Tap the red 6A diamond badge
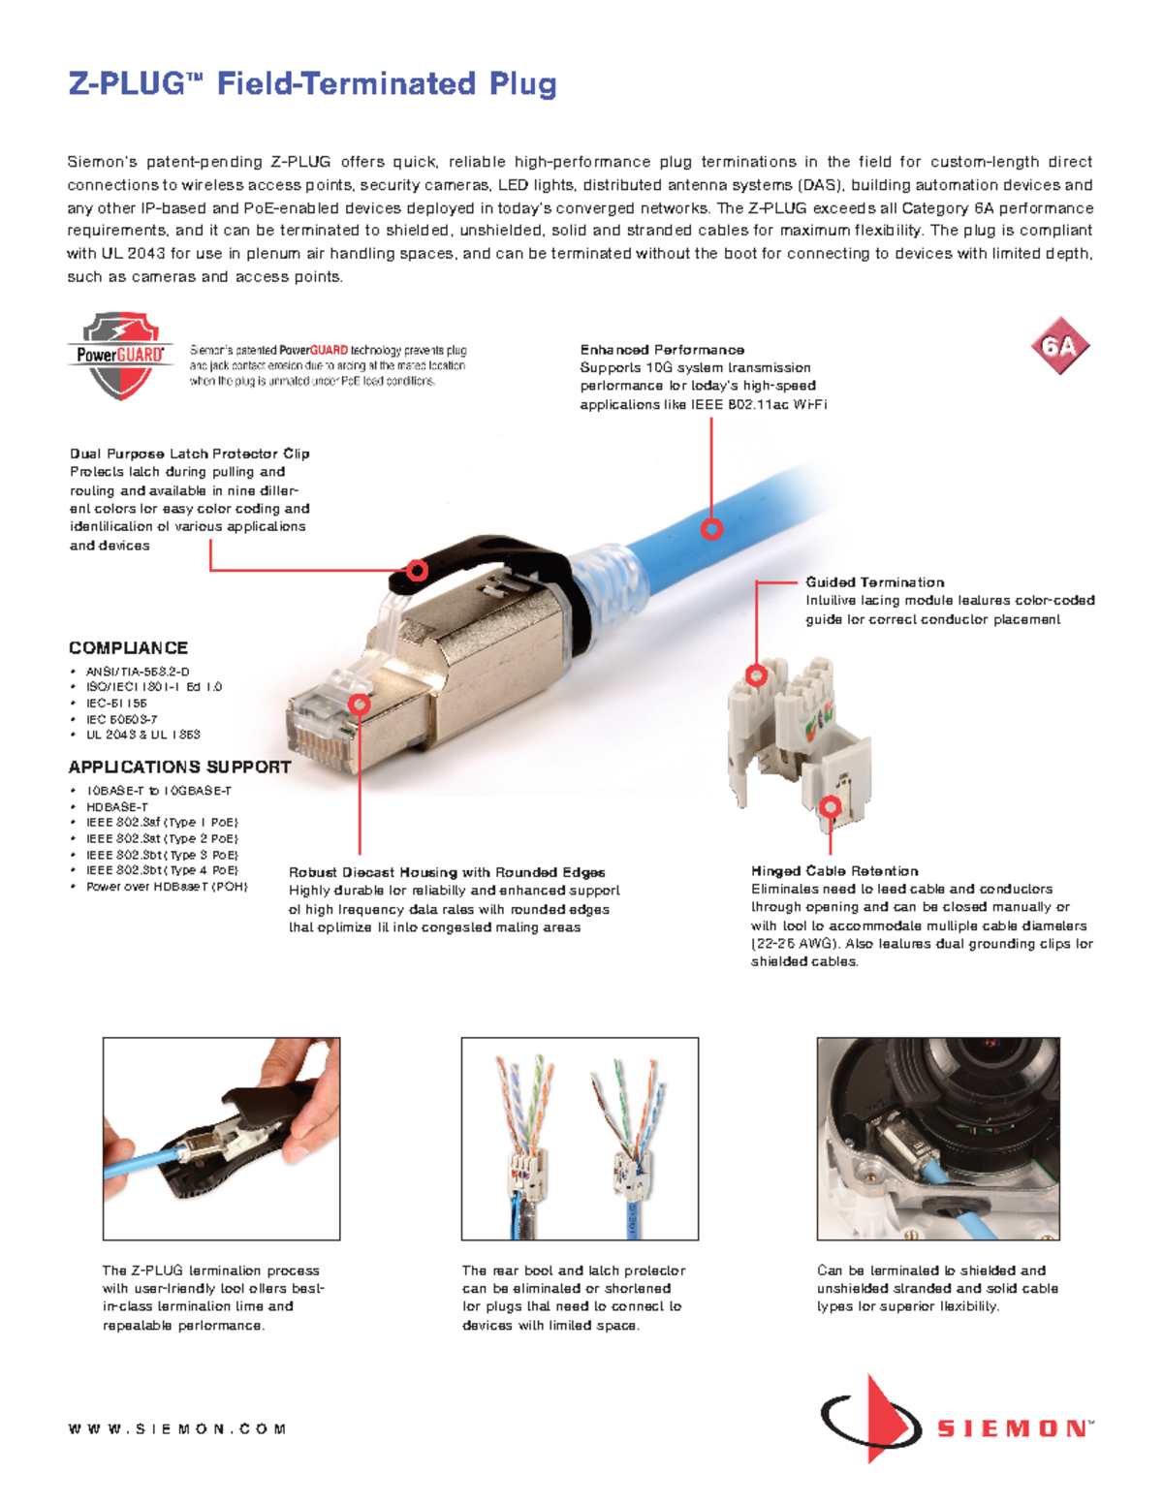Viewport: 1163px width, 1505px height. click(x=1059, y=346)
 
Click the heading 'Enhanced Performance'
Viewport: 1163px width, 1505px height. click(x=662, y=350)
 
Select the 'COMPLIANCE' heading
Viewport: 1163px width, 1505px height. click(x=128, y=648)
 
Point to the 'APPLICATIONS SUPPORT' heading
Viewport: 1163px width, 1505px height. click(x=179, y=767)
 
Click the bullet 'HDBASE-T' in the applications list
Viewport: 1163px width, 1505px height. click(x=117, y=806)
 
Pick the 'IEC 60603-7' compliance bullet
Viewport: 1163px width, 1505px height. click(x=121, y=719)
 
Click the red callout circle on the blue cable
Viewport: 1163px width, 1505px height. click(x=712, y=529)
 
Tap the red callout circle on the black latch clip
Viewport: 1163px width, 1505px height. click(x=418, y=570)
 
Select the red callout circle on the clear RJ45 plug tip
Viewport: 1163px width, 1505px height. click(x=360, y=703)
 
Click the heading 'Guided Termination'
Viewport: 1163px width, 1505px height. click(x=874, y=582)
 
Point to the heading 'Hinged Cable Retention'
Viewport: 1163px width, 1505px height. click(x=834, y=871)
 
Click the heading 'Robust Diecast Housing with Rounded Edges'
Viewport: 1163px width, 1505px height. click(x=447, y=872)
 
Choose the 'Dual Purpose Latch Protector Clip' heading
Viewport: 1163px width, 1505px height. click(x=189, y=454)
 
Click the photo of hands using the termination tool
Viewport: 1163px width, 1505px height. click(x=221, y=1139)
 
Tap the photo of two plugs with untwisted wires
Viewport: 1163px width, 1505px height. click(x=580, y=1139)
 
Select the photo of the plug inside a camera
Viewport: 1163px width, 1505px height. click(x=937, y=1139)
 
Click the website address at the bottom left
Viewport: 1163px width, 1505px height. click(x=177, y=1428)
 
